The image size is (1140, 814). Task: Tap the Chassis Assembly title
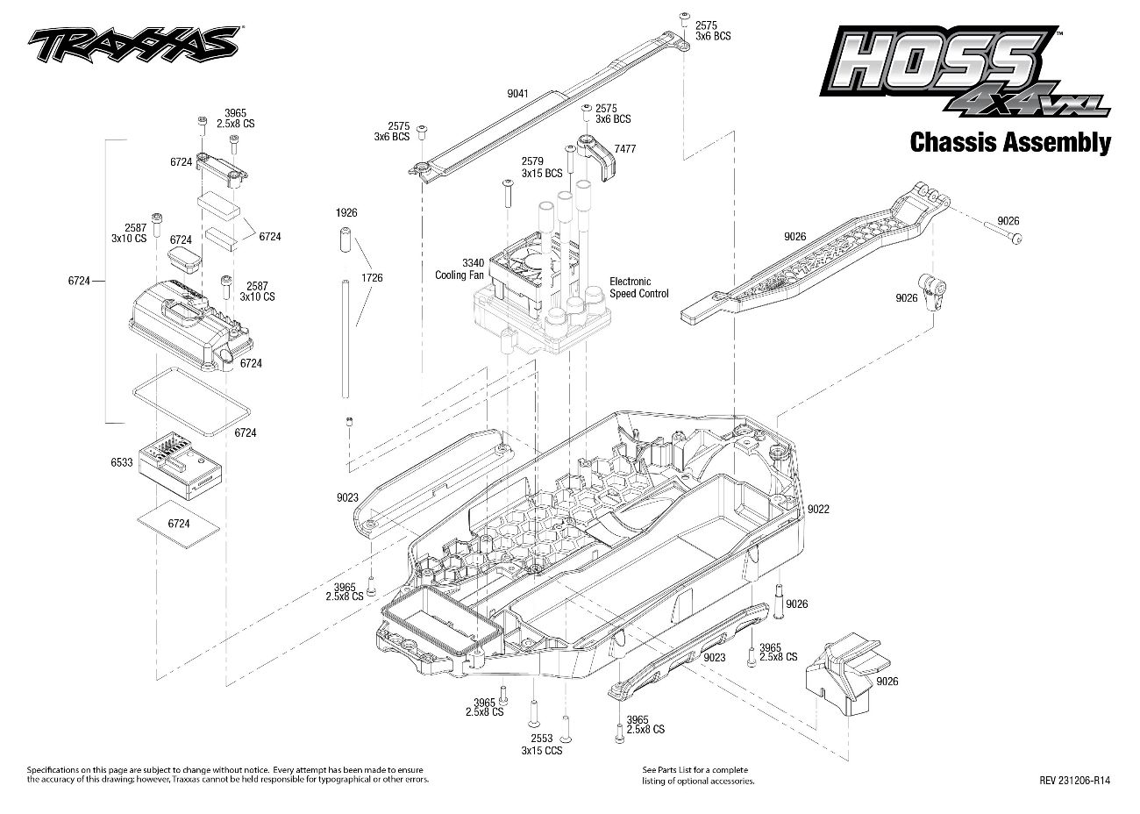[1010, 142]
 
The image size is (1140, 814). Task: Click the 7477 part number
[625, 149]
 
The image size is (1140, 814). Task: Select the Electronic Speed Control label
[638, 288]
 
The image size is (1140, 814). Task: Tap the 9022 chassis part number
[818, 509]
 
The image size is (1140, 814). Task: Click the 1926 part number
[346, 213]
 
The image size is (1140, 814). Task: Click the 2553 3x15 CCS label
[541, 745]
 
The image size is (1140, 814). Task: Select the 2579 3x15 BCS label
[541, 167]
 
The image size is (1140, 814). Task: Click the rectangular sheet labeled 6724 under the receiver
[179, 522]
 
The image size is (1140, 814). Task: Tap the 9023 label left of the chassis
[347, 497]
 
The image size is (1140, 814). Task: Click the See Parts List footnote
[698, 775]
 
